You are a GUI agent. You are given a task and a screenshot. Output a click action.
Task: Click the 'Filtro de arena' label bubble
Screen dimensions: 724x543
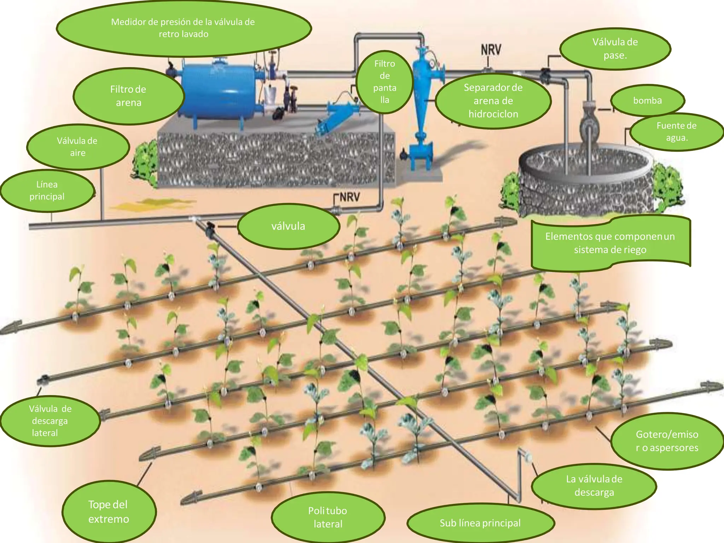(x=129, y=96)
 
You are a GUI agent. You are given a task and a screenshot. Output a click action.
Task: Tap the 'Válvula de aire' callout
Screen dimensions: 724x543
(x=78, y=147)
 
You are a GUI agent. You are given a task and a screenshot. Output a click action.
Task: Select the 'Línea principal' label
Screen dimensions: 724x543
(x=47, y=191)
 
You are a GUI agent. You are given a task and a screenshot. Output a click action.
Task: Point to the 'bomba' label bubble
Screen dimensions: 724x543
(x=648, y=101)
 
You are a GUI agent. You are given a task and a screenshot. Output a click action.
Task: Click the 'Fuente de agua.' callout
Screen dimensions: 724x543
(x=677, y=132)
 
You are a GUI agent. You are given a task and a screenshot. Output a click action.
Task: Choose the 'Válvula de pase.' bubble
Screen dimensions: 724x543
(x=615, y=49)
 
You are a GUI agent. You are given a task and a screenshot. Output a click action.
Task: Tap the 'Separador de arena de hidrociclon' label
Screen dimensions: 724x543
(x=493, y=101)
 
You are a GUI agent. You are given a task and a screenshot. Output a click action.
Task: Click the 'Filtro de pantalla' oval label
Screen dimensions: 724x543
(x=385, y=82)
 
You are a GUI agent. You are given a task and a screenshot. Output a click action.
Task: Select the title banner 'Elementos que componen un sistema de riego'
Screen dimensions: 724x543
(x=611, y=243)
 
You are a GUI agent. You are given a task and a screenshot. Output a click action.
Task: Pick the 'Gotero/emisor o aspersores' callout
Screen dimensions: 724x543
(x=667, y=441)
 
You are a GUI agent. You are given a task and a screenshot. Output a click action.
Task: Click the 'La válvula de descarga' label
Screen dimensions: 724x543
(x=594, y=486)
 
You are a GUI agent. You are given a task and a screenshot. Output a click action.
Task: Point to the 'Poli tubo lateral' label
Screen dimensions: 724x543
(x=328, y=517)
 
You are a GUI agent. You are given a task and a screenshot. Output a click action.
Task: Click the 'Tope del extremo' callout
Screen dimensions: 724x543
(x=109, y=512)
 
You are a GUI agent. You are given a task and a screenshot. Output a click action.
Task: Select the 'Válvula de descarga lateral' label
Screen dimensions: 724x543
(x=50, y=421)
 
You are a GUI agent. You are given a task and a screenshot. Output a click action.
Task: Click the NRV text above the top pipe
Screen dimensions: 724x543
(x=491, y=50)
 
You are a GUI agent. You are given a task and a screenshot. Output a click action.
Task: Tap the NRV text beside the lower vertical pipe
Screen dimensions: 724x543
(x=350, y=197)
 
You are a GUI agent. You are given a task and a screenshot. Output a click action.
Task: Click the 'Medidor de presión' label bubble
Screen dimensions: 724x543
(x=183, y=28)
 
